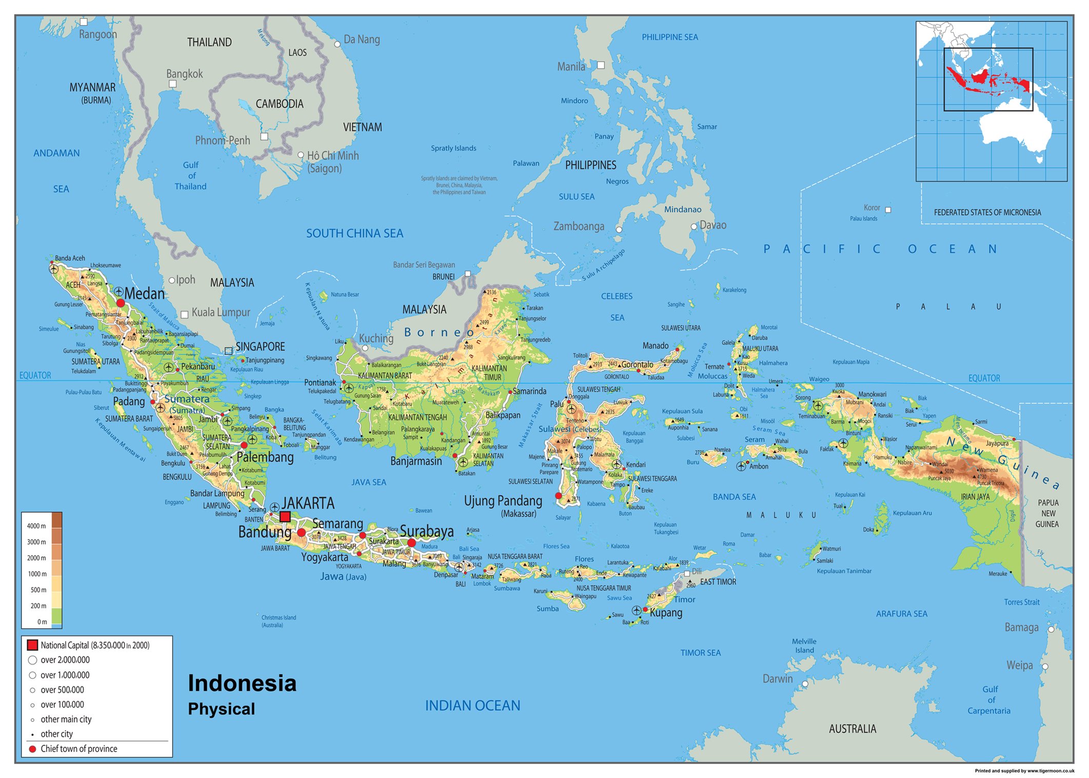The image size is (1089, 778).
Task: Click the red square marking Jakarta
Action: (285, 516)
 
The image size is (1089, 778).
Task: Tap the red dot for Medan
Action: (121, 303)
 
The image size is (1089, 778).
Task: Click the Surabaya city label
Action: (427, 531)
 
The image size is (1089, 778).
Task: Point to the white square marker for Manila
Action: (601, 65)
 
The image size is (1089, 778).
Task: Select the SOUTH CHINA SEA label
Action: (354, 233)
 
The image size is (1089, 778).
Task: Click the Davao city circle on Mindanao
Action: (694, 226)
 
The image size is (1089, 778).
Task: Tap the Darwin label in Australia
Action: (777, 679)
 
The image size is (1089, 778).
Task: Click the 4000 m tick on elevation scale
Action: (36, 526)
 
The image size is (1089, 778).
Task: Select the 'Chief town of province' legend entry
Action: (79, 749)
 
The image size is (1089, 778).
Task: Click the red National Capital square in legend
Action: (32, 645)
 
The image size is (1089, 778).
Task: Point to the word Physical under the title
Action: (221, 709)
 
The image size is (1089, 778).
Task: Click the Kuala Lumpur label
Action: (221, 312)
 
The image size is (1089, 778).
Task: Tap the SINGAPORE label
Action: (260, 347)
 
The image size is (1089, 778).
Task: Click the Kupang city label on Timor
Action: (666, 612)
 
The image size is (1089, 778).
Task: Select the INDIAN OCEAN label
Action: (472, 706)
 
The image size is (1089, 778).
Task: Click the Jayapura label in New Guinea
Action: (997, 443)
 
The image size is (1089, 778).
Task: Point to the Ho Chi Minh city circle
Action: (301, 155)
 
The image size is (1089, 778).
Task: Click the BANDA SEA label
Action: (734, 496)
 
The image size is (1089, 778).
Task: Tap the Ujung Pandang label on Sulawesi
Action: (503, 501)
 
